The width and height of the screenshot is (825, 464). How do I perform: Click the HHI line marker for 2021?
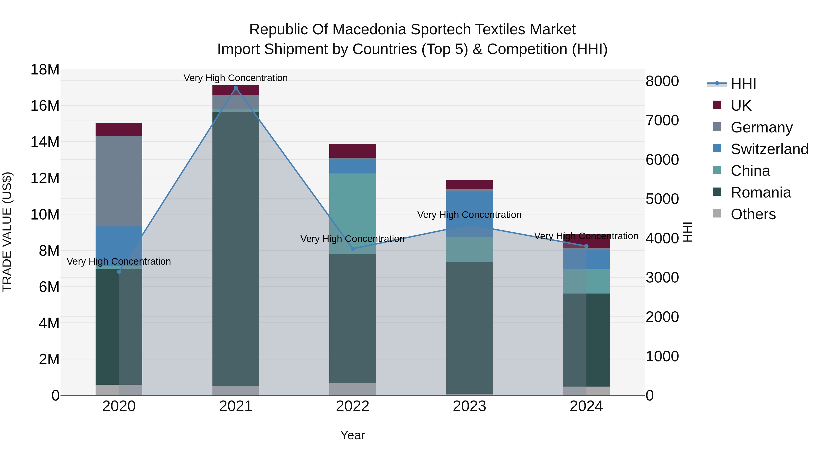tap(236, 88)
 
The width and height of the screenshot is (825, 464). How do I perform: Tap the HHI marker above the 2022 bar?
tap(353, 248)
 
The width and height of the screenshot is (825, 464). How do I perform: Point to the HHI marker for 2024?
tap(586, 246)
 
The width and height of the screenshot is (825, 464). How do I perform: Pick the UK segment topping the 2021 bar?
tap(236, 90)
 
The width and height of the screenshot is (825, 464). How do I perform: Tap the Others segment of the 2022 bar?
tap(353, 389)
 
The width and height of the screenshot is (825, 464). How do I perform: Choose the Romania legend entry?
tap(761, 193)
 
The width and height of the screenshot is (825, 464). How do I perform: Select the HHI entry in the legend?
tap(743, 84)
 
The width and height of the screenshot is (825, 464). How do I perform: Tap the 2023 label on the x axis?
tap(470, 406)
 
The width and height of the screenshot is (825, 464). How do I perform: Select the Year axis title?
tap(353, 435)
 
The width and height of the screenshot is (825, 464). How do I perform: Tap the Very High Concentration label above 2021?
tap(236, 78)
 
